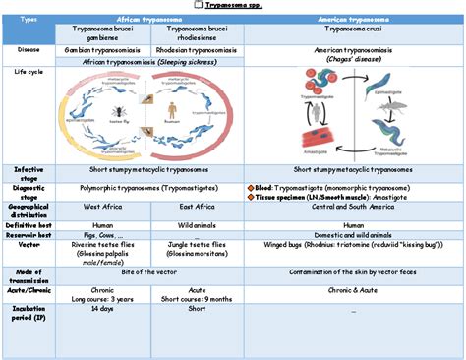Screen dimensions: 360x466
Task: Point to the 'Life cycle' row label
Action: tap(28, 73)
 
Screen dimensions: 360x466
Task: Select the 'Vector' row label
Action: tap(28, 246)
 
